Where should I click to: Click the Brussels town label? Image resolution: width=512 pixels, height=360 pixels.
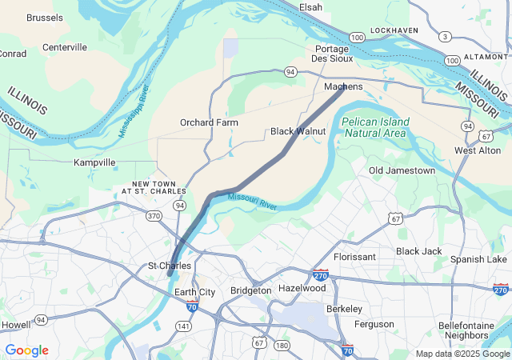[45, 18]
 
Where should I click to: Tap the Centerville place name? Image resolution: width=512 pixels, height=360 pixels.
[65, 47]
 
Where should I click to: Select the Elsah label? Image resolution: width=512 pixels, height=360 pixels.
[310, 7]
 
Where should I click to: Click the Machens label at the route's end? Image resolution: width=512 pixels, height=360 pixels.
[343, 86]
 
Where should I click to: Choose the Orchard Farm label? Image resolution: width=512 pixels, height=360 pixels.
[209, 123]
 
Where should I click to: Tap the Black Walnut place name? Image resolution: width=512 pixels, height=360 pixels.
[298, 131]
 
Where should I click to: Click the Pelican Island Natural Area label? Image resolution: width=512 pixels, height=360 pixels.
[375, 127]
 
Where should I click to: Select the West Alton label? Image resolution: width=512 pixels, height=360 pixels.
[477, 150]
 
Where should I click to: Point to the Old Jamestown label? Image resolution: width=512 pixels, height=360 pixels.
[402, 170]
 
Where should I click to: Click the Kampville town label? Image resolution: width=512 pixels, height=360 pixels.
[94, 162]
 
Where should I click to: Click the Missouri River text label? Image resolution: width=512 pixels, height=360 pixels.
[252, 202]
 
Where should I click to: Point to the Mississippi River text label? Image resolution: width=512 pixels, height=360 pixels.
[134, 111]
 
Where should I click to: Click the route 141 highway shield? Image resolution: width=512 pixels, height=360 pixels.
[184, 326]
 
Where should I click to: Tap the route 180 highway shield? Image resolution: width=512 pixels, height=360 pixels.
[282, 346]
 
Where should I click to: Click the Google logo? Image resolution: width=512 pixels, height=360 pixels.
[26, 350]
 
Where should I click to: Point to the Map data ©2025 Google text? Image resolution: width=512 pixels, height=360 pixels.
[462, 354]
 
